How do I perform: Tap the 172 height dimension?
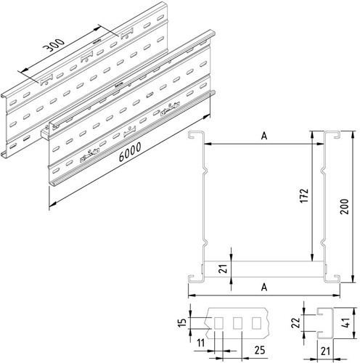coord(306,196)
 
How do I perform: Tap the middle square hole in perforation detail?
coord(237,322)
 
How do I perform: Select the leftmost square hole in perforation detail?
coord(219,322)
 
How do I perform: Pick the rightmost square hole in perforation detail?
coord(255,322)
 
